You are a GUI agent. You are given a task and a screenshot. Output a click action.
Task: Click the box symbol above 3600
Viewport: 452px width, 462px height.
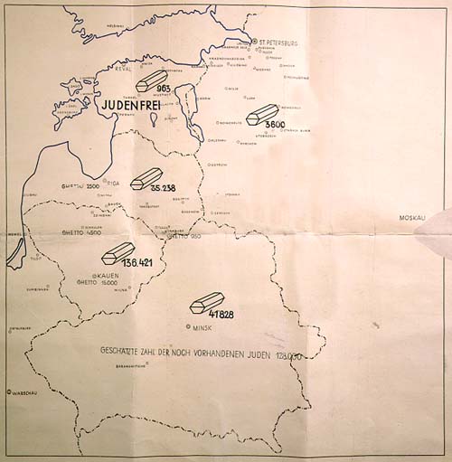261,113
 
